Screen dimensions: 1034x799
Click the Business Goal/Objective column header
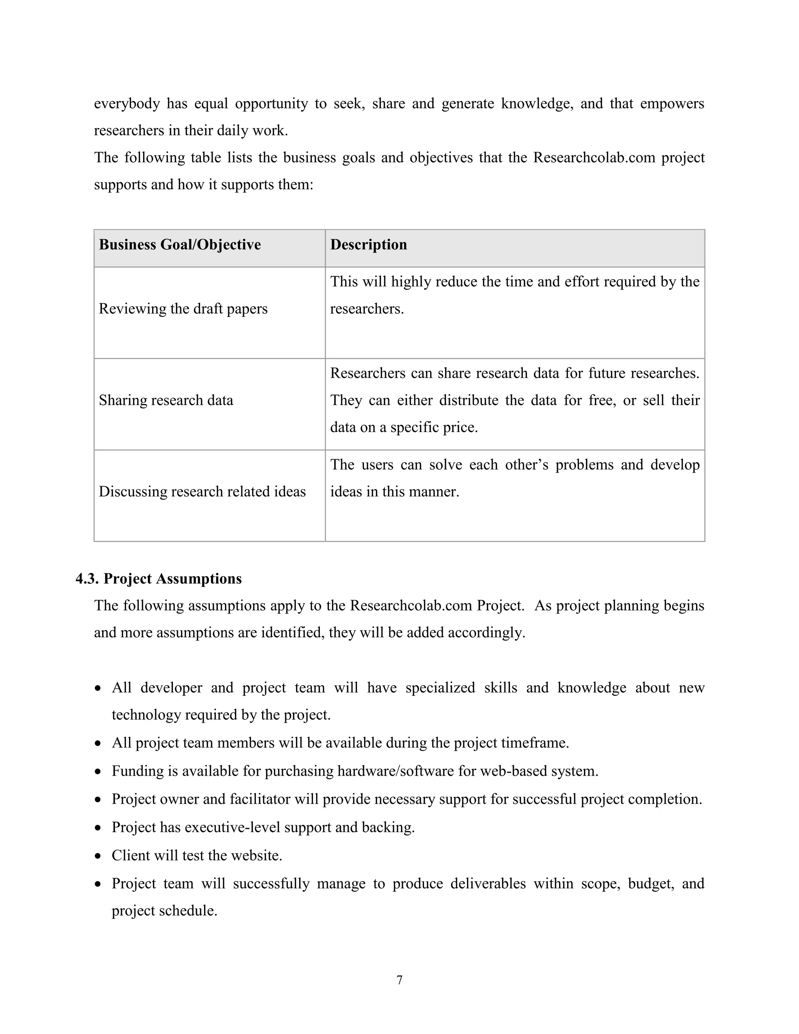[179, 245]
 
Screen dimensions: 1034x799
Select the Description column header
[368, 245]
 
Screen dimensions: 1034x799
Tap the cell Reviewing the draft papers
[183, 309]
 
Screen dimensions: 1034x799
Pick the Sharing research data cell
[166, 400]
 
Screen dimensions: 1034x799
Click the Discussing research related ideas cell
[202, 491]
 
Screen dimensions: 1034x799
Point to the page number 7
[399, 980]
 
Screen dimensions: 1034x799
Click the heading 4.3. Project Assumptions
[158, 579]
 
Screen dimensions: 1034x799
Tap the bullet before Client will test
[98, 856]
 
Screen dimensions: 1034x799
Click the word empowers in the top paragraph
[672, 104]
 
